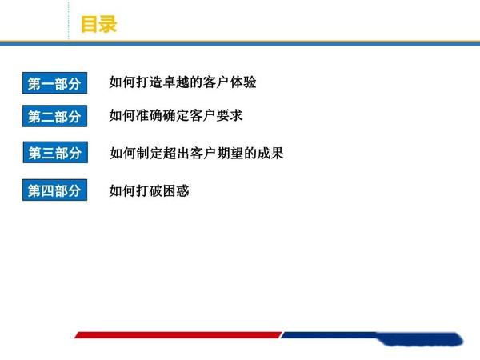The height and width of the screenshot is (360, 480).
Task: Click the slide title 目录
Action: pos(99,24)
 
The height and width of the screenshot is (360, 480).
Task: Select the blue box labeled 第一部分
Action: pos(54,83)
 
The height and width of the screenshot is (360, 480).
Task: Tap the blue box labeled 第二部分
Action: pos(54,117)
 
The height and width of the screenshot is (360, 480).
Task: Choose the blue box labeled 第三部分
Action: pos(54,153)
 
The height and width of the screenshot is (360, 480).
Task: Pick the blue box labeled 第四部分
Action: pos(54,190)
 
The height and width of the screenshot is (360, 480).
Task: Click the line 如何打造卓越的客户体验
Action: pos(182,82)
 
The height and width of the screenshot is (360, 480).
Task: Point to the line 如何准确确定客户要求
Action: pos(176,116)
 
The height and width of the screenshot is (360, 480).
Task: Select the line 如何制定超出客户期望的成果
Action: pos(196,153)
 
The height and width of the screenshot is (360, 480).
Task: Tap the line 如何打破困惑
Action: pos(149,190)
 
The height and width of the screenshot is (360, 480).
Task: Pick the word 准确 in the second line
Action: pos(149,116)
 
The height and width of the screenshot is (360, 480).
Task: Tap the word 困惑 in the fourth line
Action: pos(176,190)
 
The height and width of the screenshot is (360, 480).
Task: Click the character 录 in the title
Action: pos(108,24)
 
